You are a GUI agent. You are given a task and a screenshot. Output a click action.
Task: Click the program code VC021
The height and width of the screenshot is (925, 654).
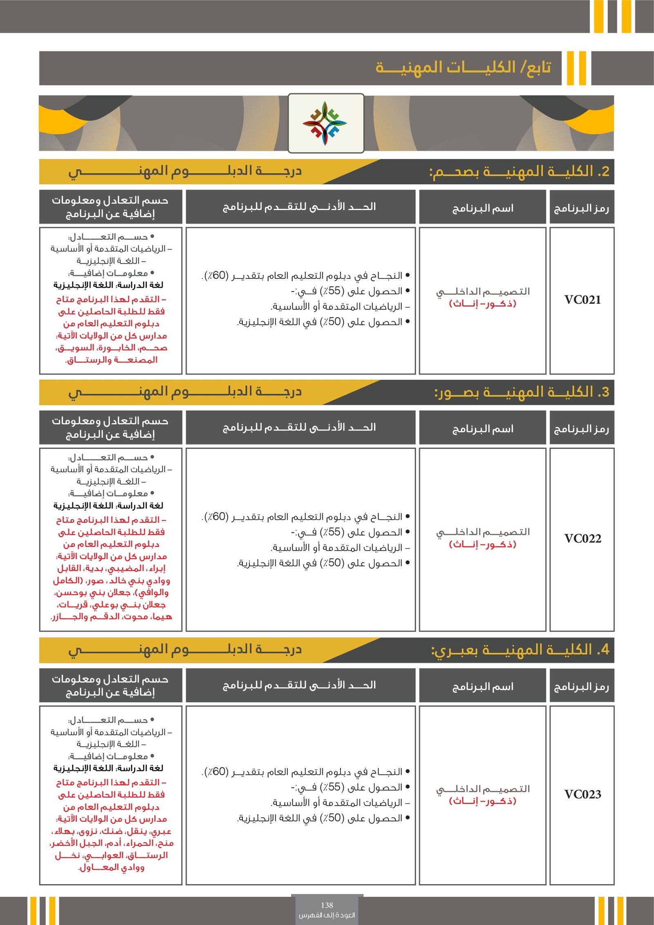(x=582, y=300)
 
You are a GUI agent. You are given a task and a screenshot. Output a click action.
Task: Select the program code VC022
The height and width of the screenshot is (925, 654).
(x=582, y=539)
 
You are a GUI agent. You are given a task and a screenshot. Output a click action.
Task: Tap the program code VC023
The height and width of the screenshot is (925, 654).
(x=582, y=794)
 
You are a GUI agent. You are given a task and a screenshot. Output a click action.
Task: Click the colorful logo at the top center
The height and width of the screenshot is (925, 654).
(x=325, y=123)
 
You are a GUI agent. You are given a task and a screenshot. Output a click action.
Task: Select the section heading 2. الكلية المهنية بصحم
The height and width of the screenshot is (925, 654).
(x=519, y=172)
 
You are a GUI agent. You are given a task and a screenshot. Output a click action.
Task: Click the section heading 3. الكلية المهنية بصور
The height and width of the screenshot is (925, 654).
(x=522, y=392)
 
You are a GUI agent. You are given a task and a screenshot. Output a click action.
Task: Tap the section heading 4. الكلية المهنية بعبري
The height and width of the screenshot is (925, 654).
(x=520, y=650)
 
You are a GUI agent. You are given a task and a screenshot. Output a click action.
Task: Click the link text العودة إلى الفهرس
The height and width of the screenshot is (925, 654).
(x=327, y=915)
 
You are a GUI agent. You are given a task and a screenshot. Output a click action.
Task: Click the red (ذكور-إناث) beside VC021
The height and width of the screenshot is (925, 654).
(x=482, y=304)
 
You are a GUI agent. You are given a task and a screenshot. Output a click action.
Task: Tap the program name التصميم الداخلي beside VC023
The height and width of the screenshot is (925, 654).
(x=483, y=788)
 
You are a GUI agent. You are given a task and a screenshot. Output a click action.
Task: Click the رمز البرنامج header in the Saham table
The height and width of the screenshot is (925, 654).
(x=581, y=208)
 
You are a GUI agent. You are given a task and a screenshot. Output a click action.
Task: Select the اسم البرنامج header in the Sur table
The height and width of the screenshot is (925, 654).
(x=482, y=429)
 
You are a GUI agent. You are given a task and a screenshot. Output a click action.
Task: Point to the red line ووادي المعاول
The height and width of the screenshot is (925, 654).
(x=111, y=867)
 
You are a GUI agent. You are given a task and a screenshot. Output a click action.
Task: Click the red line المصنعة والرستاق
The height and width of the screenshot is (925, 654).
(x=111, y=360)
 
